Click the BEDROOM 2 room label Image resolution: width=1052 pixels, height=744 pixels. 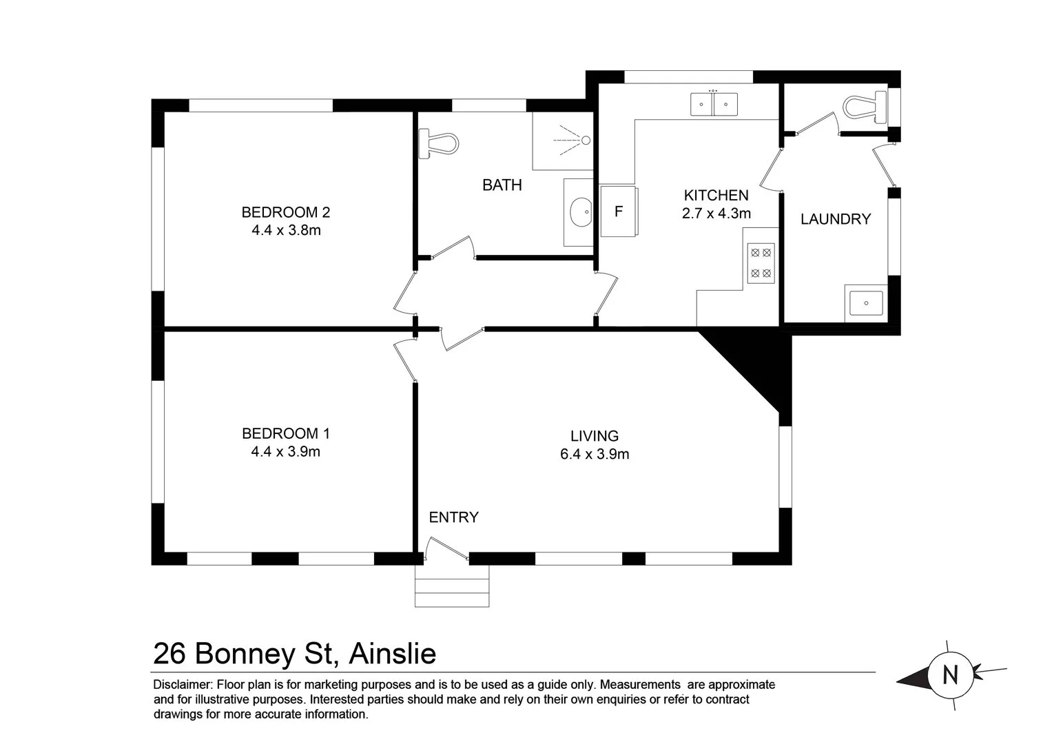(286, 211)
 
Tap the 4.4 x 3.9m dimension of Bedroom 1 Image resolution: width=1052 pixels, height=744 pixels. (286, 452)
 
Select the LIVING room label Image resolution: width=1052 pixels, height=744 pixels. (594, 435)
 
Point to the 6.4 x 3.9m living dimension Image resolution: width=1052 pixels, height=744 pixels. (594, 454)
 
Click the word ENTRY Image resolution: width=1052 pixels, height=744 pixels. (453, 517)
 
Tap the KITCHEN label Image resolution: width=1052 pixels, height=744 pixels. (716, 195)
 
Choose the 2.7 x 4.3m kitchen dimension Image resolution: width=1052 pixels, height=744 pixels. (716, 214)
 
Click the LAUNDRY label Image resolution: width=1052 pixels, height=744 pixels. (835, 219)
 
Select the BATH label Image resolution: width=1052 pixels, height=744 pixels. (502, 185)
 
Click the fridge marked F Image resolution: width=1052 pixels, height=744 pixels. (618, 211)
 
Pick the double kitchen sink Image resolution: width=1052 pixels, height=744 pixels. (714, 104)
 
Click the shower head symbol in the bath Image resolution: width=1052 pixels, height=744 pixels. (585, 140)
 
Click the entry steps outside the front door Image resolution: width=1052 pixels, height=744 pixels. (452, 586)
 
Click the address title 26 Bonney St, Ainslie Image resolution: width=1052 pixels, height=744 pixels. (294, 653)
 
